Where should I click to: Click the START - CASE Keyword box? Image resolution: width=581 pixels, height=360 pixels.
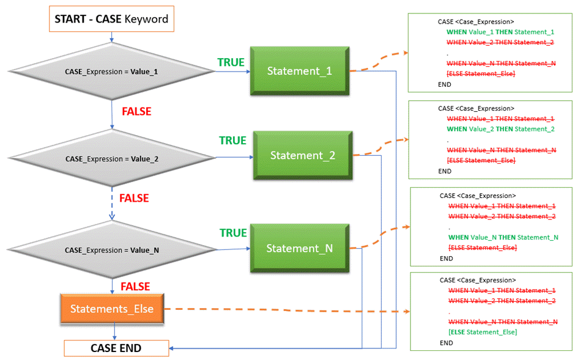point(111,19)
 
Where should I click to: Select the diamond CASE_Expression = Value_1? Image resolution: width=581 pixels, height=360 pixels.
point(111,72)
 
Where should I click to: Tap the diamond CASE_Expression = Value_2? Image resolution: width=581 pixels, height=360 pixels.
point(111,159)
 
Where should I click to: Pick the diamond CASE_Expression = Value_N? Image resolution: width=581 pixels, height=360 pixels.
point(111,250)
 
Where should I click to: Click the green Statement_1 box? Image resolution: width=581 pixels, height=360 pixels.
point(300,72)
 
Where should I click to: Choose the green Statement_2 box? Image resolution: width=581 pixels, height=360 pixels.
point(303,155)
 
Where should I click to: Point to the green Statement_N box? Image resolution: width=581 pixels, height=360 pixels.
point(299,249)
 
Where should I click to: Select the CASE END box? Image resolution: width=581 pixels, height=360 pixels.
point(116,348)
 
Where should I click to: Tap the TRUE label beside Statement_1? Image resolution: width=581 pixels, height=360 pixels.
point(231,62)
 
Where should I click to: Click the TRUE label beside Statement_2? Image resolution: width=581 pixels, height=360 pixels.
point(232,141)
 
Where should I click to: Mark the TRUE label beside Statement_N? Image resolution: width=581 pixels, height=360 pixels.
point(233,233)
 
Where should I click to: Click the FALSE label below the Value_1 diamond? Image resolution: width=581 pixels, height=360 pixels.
point(136,112)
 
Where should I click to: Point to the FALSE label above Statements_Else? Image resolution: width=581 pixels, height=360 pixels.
point(136,287)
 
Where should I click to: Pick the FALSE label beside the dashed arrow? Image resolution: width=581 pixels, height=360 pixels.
point(134,199)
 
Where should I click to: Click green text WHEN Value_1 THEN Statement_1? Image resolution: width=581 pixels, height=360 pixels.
point(500,32)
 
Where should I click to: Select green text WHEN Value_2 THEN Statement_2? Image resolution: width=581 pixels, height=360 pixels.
point(500,129)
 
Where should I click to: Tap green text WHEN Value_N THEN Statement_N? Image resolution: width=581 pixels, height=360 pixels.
point(503,237)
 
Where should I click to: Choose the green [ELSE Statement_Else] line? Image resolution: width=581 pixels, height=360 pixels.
point(483,332)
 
